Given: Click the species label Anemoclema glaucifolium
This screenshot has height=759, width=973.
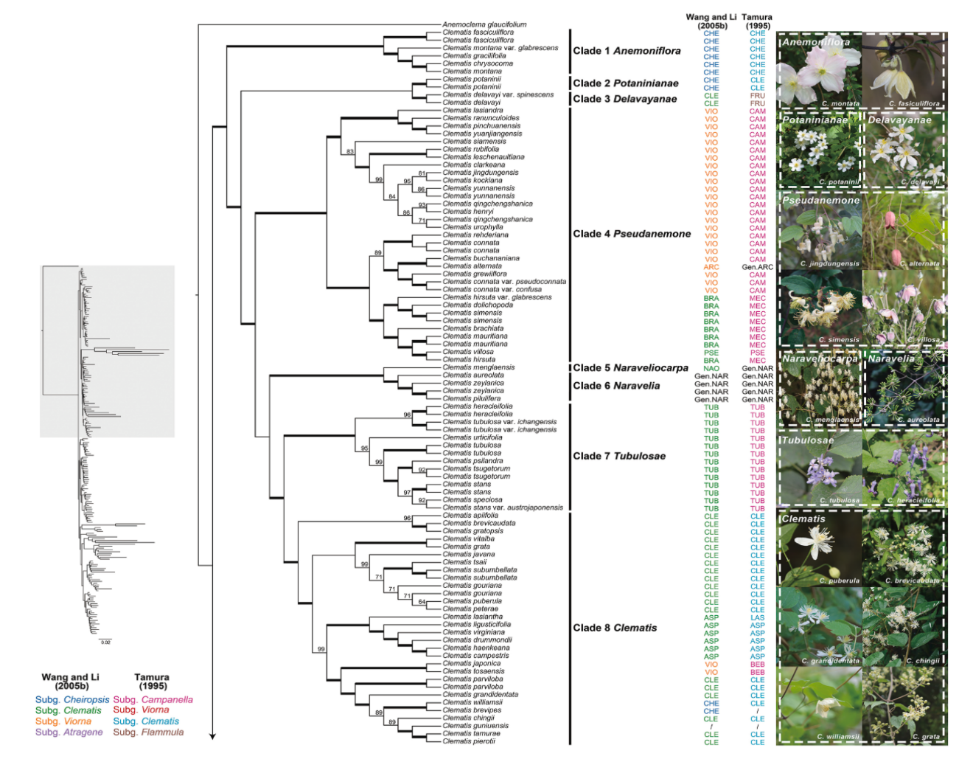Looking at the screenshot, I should click(484, 25).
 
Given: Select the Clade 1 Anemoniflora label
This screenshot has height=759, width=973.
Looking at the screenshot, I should click(627, 51).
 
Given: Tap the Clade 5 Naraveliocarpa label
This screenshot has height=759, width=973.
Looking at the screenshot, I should click(630, 368).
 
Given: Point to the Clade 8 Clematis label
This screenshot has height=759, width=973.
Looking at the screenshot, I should click(615, 628).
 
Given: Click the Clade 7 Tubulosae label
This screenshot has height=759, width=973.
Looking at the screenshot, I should click(619, 457).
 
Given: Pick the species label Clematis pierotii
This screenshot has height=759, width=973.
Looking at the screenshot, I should click(469, 741).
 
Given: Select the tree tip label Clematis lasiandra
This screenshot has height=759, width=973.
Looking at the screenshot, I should click(472, 111).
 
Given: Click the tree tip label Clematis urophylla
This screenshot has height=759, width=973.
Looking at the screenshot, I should click(472, 227).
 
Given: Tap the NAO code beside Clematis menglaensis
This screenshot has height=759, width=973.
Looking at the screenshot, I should click(711, 368).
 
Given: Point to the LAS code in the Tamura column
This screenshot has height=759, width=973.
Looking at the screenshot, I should click(757, 617).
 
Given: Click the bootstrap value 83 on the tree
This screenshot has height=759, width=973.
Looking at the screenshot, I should click(350, 152).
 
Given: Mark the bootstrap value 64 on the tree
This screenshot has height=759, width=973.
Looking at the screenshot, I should click(422, 603).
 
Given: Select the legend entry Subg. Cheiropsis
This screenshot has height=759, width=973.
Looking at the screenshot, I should click(72, 699).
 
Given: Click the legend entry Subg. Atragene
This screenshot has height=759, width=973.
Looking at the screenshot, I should click(69, 732).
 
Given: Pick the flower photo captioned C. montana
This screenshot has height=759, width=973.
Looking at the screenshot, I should click(820, 72).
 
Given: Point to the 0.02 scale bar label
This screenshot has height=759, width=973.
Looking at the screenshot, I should click(105, 642).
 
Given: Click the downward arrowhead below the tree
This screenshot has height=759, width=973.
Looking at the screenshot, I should click(212, 735).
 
